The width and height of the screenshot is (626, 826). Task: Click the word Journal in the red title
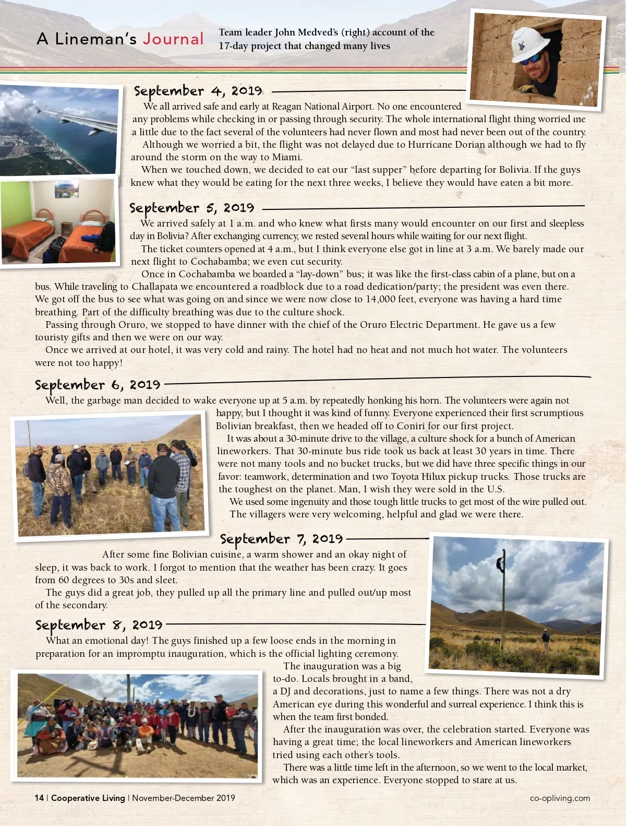click(173, 39)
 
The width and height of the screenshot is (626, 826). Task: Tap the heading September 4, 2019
click(198, 91)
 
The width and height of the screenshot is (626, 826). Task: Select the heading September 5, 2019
click(191, 208)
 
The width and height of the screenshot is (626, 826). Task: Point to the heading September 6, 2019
click(98, 385)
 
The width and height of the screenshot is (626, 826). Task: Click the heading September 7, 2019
click(281, 539)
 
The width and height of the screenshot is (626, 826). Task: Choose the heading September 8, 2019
click(99, 625)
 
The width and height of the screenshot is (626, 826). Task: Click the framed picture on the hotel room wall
click(66, 189)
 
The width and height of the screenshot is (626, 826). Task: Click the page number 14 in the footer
click(39, 798)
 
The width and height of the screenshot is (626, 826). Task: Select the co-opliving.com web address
click(560, 798)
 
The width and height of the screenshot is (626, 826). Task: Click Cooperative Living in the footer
click(88, 798)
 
